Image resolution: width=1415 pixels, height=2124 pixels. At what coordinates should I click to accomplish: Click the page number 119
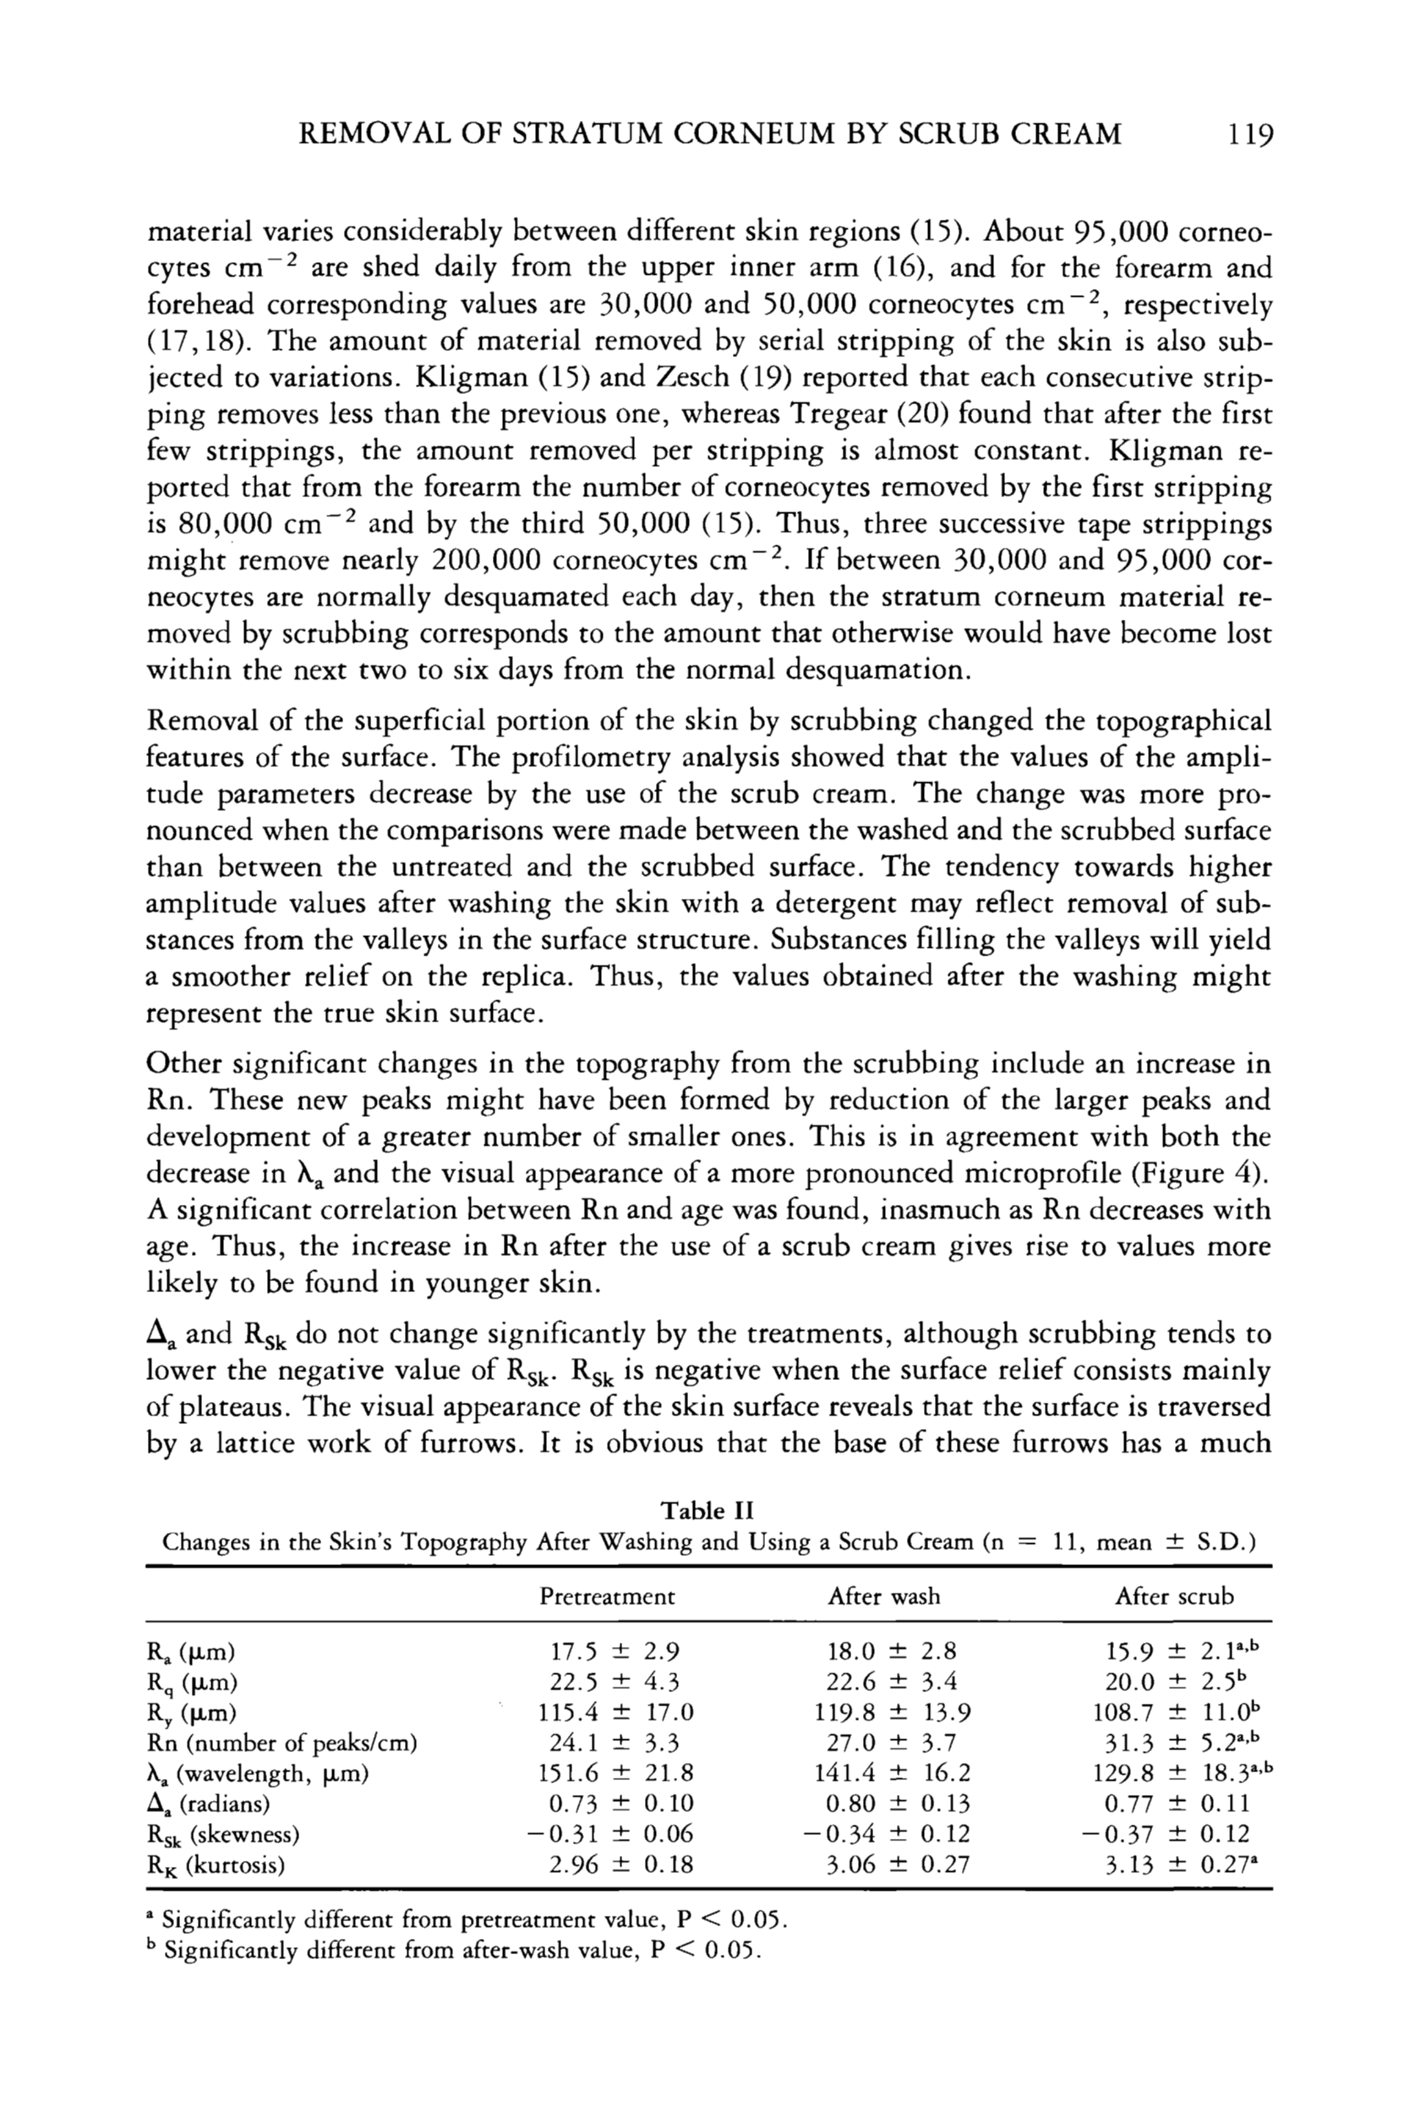pyautogui.click(x=1249, y=134)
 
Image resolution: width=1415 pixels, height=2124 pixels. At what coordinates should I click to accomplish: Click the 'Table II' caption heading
pyautogui.click(x=707, y=1510)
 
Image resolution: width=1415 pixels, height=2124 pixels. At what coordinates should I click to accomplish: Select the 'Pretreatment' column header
pyautogui.click(x=606, y=1597)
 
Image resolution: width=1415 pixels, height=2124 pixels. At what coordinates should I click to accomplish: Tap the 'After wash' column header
pyautogui.click(x=883, y=1597)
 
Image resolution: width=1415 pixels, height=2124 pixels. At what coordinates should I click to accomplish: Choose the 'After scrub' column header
pyautogui.click(x=1173, y=1597)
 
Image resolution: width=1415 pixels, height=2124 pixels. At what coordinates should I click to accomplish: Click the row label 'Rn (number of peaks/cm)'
pyautogui.click(x=281, y=1743)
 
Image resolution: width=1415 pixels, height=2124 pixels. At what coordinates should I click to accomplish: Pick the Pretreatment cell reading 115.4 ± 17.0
pyautogui.click(x=615, y=1712)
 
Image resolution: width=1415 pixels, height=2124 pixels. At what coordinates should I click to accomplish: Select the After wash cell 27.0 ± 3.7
pyautogui.click(x=892, y=1743)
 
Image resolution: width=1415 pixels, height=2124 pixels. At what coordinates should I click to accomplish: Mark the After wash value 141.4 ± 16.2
pyautogui.click(x=892, y=1774)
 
